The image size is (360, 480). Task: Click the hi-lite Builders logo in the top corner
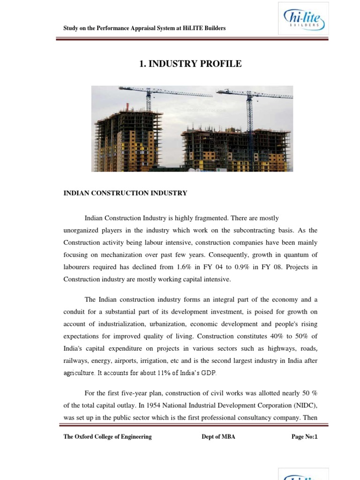click(x=303, y=18)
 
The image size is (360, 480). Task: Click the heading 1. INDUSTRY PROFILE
click(x=191, y=64)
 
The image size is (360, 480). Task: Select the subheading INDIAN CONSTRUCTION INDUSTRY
click(x=125, y=193)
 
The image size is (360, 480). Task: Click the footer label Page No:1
click(x=304, y=437)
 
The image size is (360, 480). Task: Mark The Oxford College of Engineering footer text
click(x=107, y=437)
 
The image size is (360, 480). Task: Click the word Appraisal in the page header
click(x=134, y=28)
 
